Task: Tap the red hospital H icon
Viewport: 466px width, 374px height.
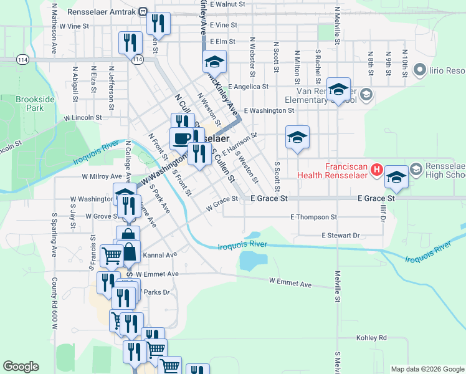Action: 376,169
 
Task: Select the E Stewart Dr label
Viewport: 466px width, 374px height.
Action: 341,236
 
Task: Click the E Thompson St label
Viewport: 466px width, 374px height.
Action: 313,217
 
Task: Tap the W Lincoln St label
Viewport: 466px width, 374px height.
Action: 83,117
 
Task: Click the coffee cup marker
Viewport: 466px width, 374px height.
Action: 182,138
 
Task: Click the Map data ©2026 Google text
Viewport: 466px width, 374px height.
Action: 427,369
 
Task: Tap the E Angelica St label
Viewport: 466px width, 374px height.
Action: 248,87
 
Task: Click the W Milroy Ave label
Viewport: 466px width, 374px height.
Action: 102,176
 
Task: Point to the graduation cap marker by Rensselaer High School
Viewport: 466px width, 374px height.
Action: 396,178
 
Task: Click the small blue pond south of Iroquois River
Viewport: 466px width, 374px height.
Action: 252,260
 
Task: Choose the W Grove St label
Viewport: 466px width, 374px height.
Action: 103,216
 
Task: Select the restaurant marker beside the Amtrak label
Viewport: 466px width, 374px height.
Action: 158,23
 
